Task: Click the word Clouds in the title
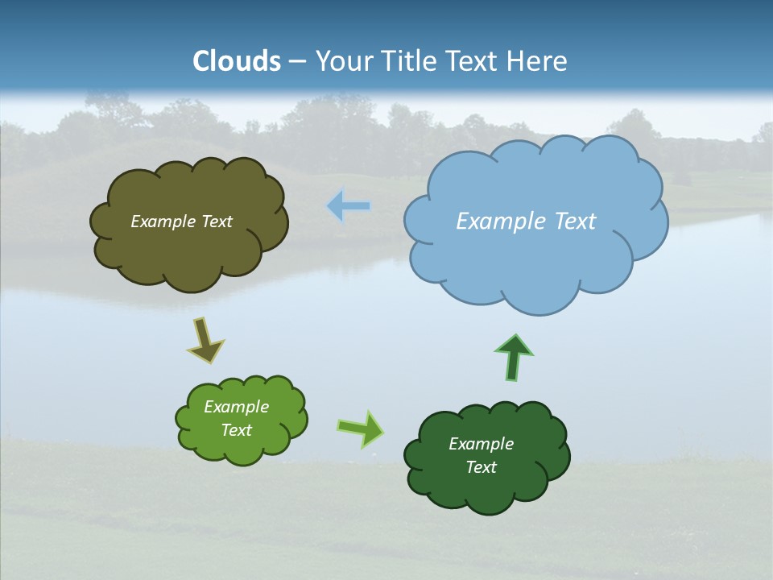pos(237,61)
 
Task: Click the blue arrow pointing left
pos(349,207)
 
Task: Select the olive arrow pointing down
pos(205,340)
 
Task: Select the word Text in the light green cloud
pos(237,430)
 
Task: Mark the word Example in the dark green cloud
pos(481,444)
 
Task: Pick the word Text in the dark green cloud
pos(481,467)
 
